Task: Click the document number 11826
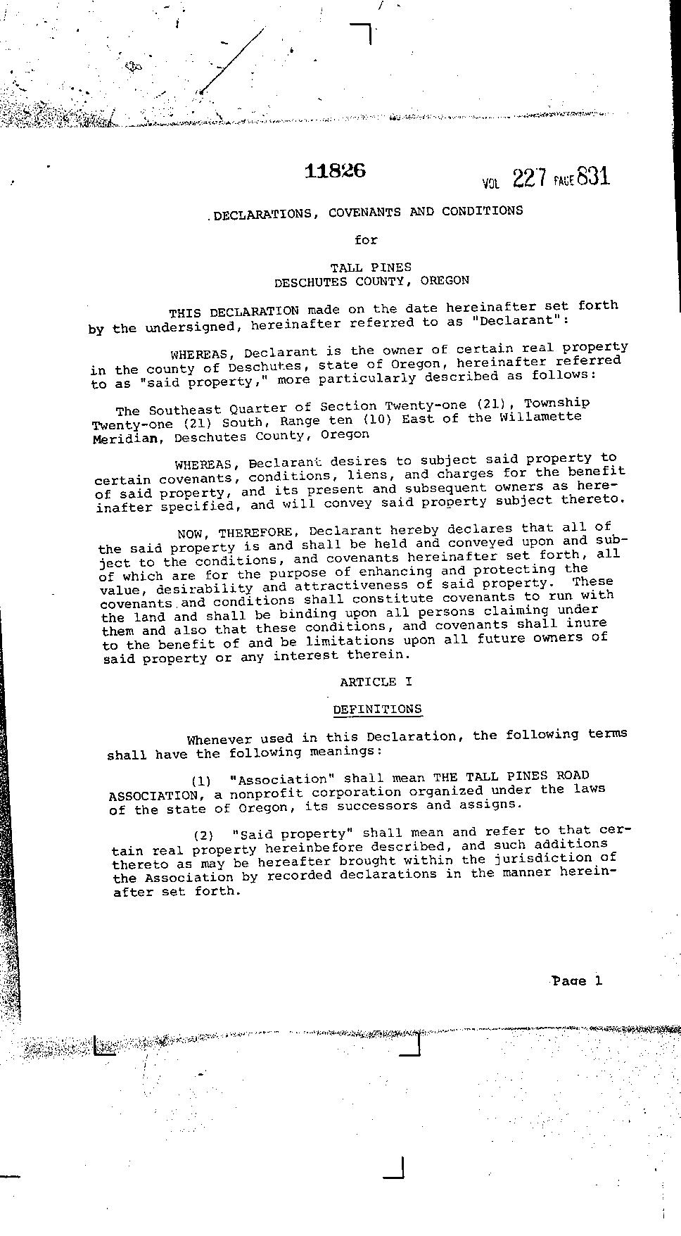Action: pyautogui.click(x=335, y=170)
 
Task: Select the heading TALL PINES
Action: pyautogui.click(x=371, y=267)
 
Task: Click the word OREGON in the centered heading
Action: pyautogui.click(x=445, y=280)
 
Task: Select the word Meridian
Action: pyautogui.click(x=129, y=438)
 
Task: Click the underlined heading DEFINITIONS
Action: pyautogui.click(x=377, y=709)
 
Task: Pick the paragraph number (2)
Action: pyautogui.click(x=203, y=835)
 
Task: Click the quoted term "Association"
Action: pyautogui.click(x=284, y=779)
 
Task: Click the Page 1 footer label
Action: pyautogui.click(x=577, y=980)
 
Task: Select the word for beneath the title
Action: pyautogui.click(x=366, y=240)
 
